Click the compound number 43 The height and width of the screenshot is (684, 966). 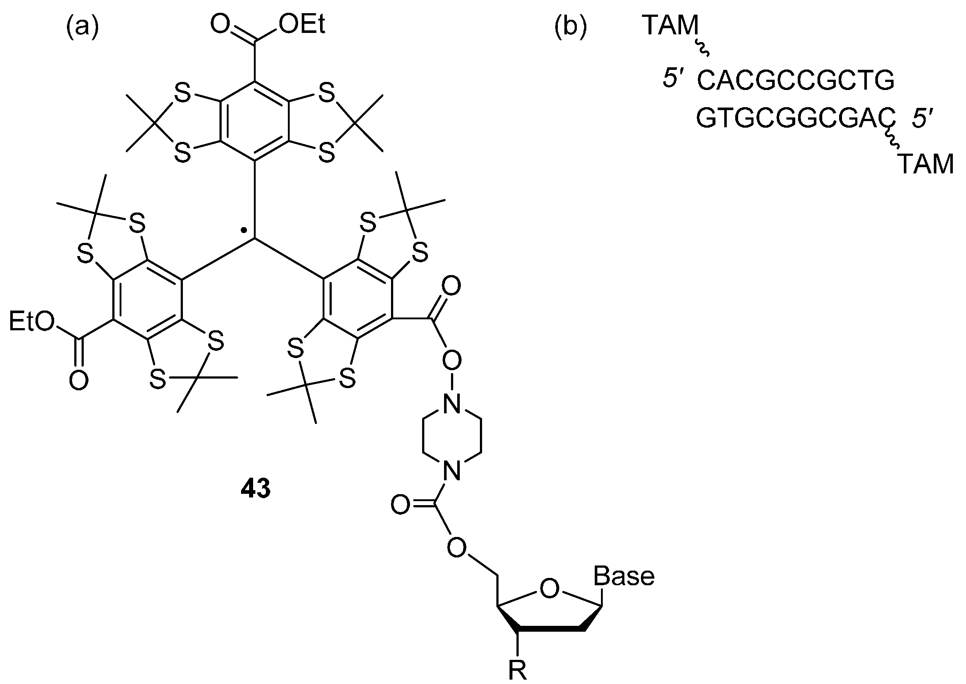tap(256, 489)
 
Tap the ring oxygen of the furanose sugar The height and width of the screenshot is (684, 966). tap(549, 589)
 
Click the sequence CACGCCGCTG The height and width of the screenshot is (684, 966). tap(796, 81)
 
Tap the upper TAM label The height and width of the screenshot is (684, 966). tap(670, 26)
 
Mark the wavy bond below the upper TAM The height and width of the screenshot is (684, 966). tap(702, 47)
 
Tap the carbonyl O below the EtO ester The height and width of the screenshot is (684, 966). tap(79, 380)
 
